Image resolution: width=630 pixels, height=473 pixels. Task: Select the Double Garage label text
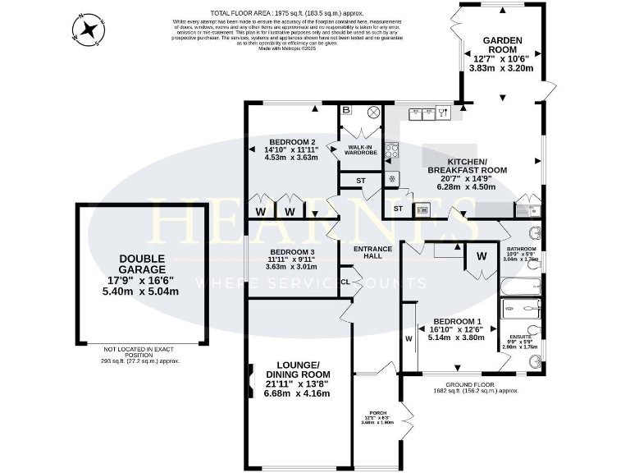[141, 263]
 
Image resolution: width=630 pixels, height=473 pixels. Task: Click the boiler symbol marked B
[346, 110]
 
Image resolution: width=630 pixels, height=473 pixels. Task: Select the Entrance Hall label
[372, 253]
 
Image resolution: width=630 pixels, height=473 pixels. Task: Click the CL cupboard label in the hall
[345, 282]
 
